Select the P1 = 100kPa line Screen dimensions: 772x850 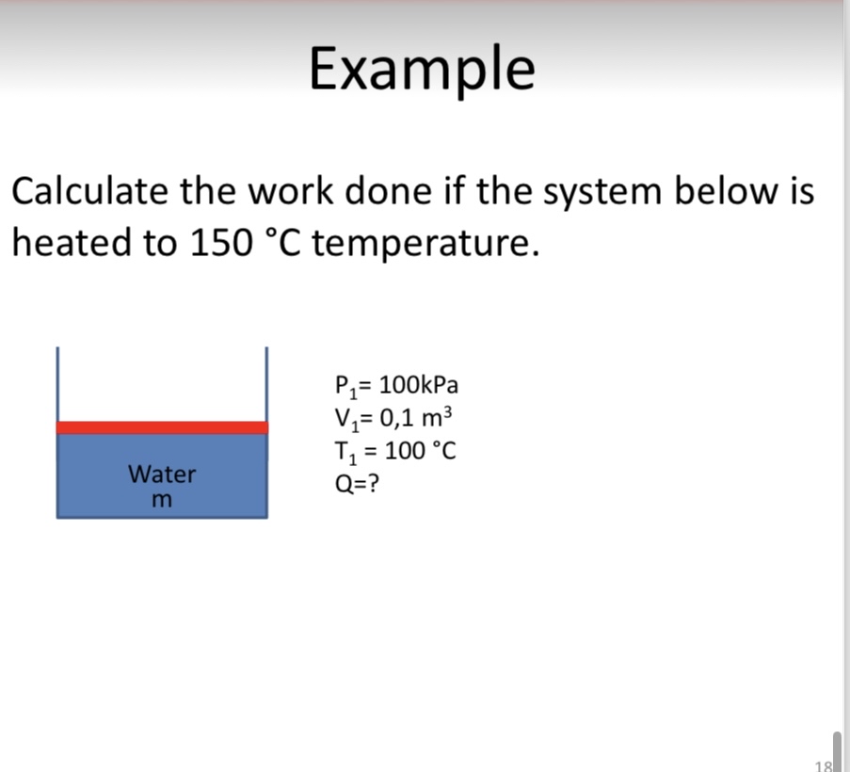396,386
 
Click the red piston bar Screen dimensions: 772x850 162,427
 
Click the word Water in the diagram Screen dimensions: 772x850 162,474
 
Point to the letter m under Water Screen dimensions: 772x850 162,499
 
